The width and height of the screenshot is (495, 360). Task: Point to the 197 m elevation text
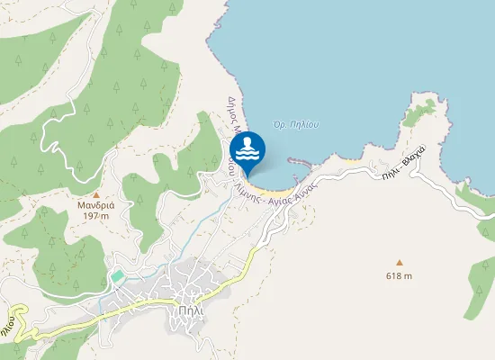coord(96,217)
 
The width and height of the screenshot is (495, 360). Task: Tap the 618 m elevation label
coord(399,275)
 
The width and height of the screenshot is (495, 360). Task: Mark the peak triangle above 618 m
coord(399,263)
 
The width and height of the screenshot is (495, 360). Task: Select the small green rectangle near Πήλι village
coord(117,275)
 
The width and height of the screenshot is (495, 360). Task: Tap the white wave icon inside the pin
coord(247,148)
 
